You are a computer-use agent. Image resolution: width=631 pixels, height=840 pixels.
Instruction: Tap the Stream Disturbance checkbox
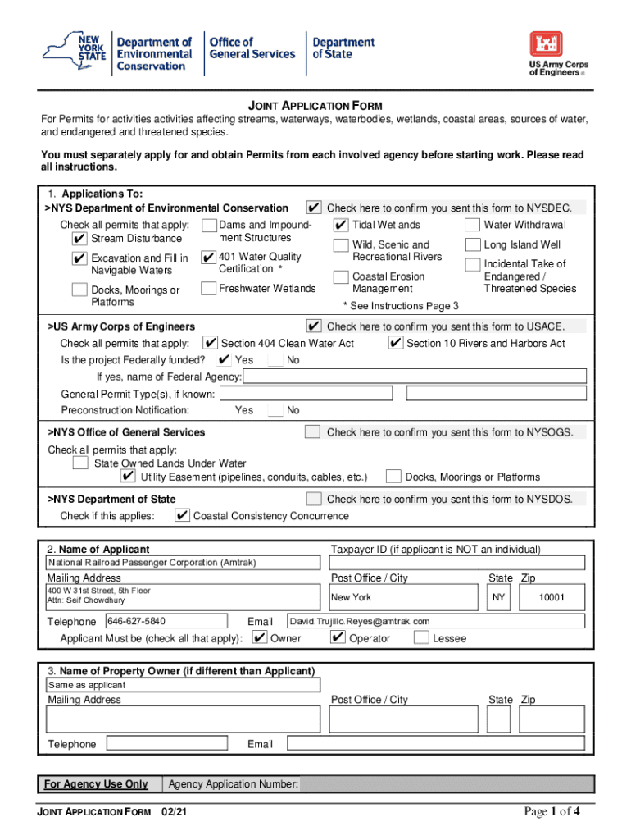[x=79, y=239]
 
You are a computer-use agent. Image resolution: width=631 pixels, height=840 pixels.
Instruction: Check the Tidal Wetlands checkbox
[x=341, y=225]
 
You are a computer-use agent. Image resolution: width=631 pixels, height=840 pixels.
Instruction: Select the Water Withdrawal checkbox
[x=472, y=225]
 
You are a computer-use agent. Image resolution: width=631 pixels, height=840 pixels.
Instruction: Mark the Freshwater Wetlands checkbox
[x=208, y=288]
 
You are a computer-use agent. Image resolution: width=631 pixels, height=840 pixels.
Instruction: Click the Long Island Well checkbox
[x=472, y=244]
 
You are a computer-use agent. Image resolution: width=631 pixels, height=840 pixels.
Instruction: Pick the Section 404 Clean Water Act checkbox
[x=210, y=343]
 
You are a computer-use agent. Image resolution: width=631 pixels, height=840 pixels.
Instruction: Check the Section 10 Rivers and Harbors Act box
[x=395, y=343]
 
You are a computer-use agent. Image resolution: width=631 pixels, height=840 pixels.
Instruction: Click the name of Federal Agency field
[x=415, y=377]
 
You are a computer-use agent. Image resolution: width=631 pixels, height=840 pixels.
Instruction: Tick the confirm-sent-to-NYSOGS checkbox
[x=313, y=432]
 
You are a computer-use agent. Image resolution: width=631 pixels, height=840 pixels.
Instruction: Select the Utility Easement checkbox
[x=128, y=477]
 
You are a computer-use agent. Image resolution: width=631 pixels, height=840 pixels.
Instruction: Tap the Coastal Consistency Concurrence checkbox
[x=182, y=516]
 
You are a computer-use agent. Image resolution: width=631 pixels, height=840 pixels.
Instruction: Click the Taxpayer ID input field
[x=457, y=563]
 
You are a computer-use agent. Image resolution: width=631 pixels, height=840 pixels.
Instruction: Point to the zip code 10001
[x=552, y=597]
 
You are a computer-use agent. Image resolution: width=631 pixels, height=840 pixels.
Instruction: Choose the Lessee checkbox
[x=421, y=638]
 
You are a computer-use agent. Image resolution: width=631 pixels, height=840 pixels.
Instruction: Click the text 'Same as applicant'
[x=87, y=685]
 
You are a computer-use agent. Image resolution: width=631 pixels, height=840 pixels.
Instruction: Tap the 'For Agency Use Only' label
[x=96, y=784]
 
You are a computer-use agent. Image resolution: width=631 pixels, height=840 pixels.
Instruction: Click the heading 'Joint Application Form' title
[x=315, y=107]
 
